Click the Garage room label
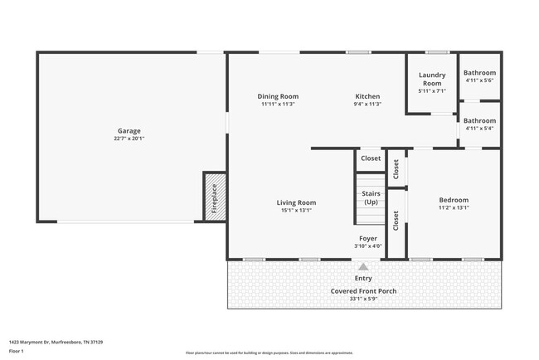pyautogui.click(x=129, y=131)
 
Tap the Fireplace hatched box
pyautogui.click(x=215, y=197)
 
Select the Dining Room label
pyautogui.click(x=278, y=97)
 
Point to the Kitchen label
pyautogui.click(x=367, y=97)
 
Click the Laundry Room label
pyautogui.click(x=432, y=79)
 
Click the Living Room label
pyautogui.click(x=296, y=202)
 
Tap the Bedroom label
pyautogui.click(x=454, y=200)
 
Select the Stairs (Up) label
pyautogui.click(x=371, y=197)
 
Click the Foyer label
pyautogui.click(x=367, y=238)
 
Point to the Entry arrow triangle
pyautogui.click(x=363, y=266)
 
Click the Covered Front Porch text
pyautogui.click(x=364, y=291)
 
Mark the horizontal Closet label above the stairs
pyautogui.click(x=371, y=158)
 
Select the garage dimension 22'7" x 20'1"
pyautogui.click(x=129, y=139)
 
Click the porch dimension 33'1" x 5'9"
pyautogui.click(x=364, y=299)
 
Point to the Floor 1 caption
pyautogui.click(x=17, y=351)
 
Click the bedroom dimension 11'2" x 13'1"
pyautogui.click(x=454, y=207)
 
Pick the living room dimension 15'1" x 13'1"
pyautogui.click(x=296, y=210)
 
